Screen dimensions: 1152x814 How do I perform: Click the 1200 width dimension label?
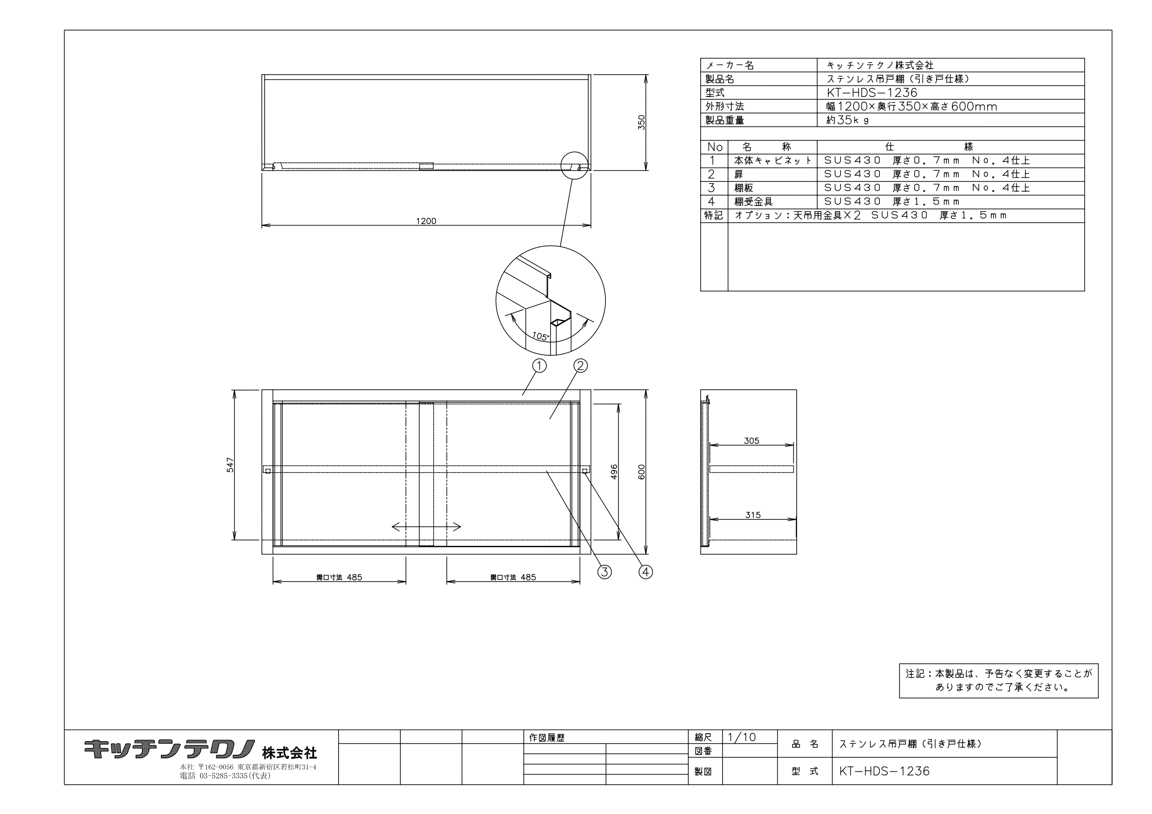coord(426,221)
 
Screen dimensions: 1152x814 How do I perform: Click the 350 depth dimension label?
coord(642,123)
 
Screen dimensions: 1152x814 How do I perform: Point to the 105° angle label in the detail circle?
coord(540,336)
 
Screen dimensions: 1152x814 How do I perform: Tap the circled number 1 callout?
coord(539,366)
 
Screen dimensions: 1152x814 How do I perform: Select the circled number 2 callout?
coord(580,366)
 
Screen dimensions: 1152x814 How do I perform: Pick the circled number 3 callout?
coord(605,572)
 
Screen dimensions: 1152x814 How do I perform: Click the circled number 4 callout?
coord(646,572)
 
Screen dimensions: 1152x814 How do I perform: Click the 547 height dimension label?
coord(230,465)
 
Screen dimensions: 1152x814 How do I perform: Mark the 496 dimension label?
coord(614,472)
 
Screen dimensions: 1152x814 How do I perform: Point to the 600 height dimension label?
coord(642,472)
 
